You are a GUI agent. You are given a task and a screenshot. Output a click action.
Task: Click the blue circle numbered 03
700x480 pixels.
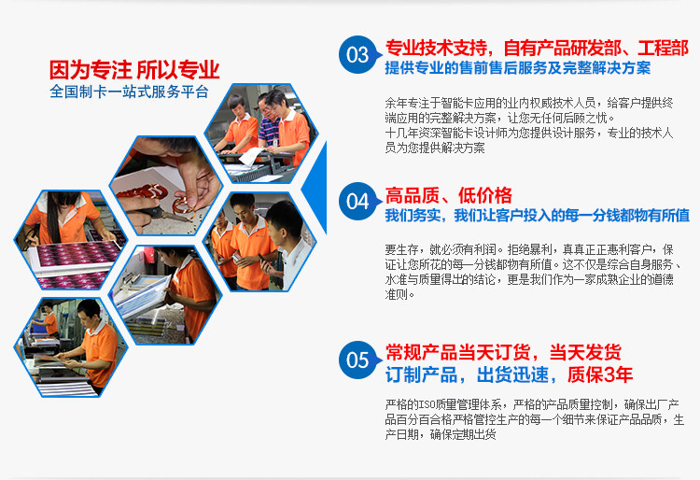(x=357, y=54)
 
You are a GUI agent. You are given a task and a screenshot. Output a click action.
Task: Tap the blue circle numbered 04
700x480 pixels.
(x=357, y=202)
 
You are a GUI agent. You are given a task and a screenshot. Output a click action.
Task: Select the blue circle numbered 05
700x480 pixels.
(x=357, y=360)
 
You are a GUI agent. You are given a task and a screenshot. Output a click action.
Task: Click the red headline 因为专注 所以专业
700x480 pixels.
(x=134, y=70)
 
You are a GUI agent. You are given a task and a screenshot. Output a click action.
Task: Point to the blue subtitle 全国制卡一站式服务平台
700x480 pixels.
(x=129, y=92)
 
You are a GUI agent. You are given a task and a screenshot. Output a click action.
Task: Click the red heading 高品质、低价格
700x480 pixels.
(x=449, y=195)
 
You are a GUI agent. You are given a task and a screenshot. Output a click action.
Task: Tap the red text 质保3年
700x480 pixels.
(x=600, y=374)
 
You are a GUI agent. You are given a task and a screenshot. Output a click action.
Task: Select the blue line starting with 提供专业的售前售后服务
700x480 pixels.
(x=518, y=68)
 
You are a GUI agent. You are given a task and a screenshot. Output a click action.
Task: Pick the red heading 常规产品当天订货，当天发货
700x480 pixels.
(x=503, y=352)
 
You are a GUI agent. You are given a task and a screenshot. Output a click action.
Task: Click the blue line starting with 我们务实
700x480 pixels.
(x=537, y=216)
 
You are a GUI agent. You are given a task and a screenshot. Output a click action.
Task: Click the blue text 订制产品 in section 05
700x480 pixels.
(x=422, y=374)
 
